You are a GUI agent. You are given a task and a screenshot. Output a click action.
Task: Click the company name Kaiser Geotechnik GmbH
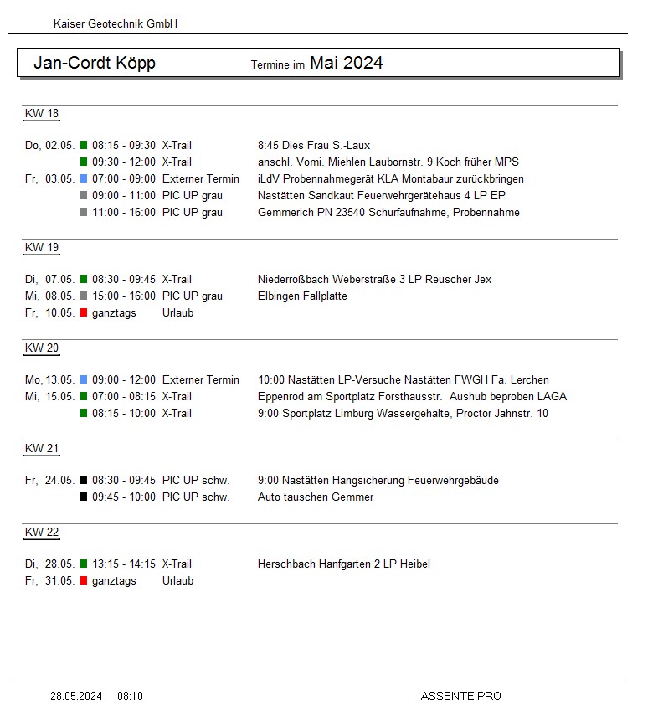(116, 24)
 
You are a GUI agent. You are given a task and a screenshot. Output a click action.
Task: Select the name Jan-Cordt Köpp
(95, 64)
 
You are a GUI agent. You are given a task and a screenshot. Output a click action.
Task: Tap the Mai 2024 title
(346, 63)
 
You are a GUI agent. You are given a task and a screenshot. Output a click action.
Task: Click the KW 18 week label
(42, 114)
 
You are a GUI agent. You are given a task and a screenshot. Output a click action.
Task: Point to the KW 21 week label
(42, 449)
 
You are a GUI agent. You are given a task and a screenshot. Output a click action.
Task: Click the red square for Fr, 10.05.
(84, 313)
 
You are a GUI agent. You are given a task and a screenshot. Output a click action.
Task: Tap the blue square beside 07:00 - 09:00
(84, 179)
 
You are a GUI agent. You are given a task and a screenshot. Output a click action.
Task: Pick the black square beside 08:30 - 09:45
(84, 481)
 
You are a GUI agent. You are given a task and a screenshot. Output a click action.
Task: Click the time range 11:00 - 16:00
(124, 213)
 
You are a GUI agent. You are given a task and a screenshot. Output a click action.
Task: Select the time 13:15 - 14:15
(124, 564)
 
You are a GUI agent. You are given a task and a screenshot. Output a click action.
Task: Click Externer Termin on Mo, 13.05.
(200, 380)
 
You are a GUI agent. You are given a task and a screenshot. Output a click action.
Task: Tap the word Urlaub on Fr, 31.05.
(177, 581)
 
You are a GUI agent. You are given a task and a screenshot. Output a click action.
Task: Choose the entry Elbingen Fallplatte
(302, 296)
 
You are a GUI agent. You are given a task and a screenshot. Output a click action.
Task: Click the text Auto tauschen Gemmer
(316, 497)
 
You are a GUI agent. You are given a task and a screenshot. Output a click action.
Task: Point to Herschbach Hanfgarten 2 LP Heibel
(344, 564)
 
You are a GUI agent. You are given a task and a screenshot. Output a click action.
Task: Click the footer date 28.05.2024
(76, 696)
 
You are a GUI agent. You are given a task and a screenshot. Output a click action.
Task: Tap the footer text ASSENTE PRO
(460, 696)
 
